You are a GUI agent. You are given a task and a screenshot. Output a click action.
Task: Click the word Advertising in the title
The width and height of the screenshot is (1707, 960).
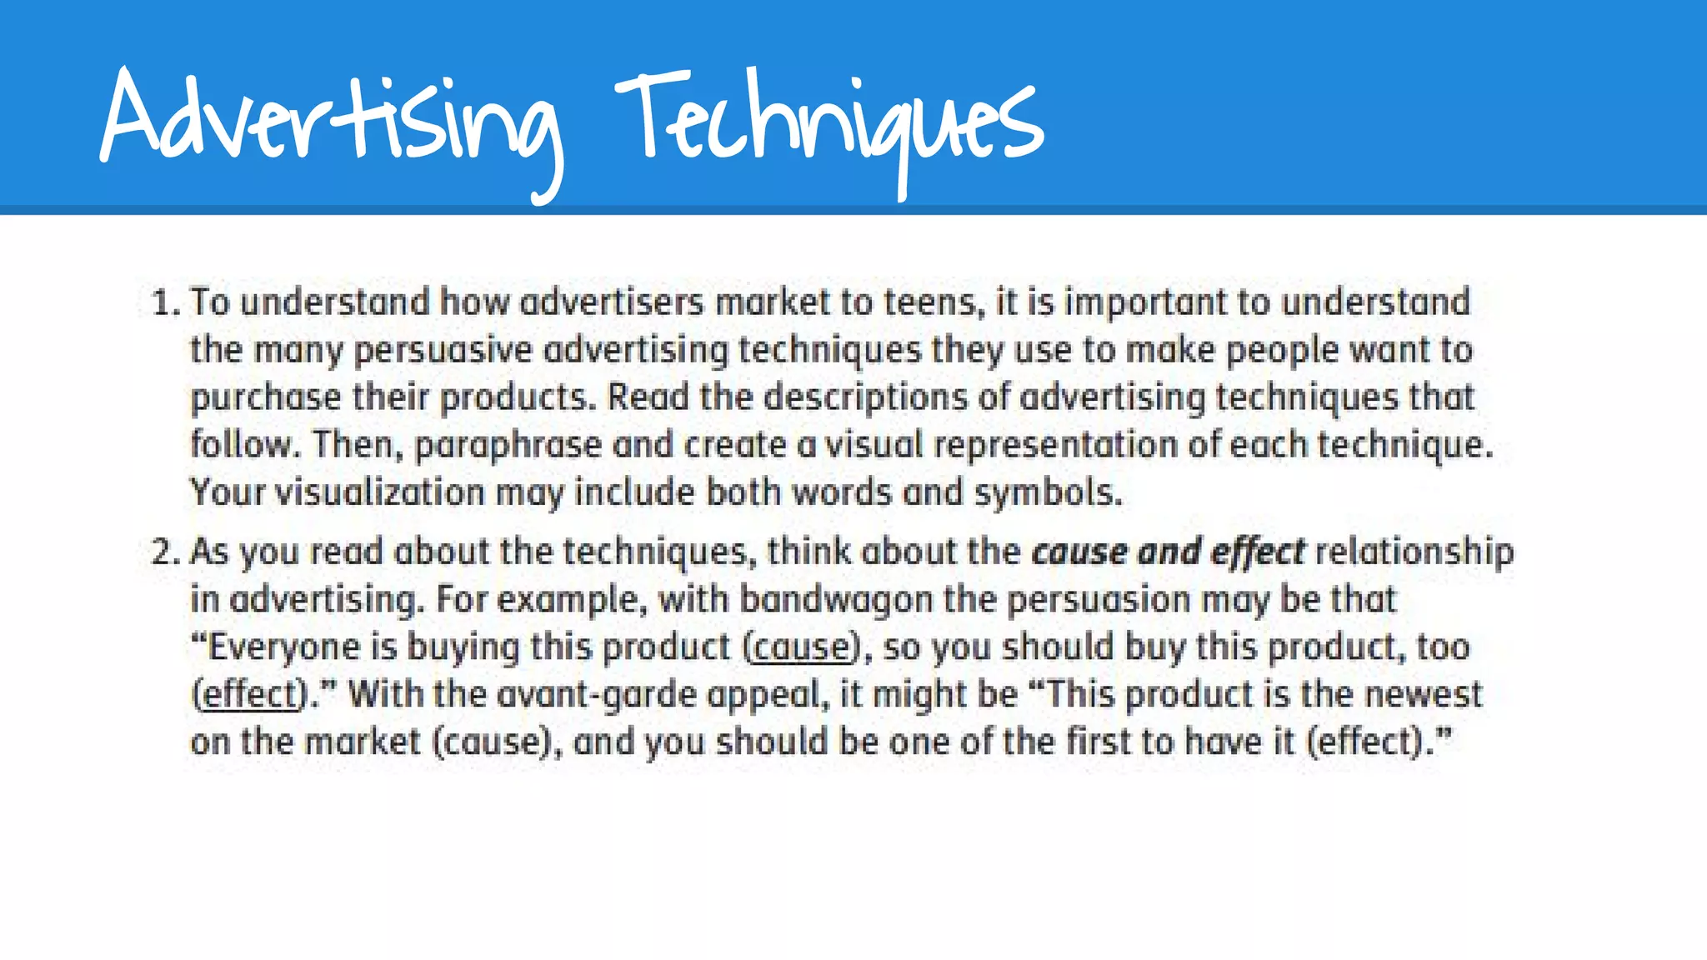click(x=329, y=121)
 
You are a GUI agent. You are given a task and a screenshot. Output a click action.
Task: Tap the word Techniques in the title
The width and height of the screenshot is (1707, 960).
click(x=829, y=121)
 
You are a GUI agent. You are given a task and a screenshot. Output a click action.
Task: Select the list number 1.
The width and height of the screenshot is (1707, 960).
click(x=164, y=302)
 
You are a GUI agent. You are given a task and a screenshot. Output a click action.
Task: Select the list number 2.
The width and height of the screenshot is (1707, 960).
click(x=164, y=552)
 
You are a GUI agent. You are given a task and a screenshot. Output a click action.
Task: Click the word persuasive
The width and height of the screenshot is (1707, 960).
click(x=443, y=351)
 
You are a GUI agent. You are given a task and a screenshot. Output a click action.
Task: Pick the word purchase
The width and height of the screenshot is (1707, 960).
click(x=265, y=398)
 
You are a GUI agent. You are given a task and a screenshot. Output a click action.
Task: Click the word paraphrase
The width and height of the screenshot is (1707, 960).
click(x=508, y=446)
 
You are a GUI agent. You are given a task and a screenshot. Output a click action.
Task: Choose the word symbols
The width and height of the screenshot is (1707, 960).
click(x=1048, y=493)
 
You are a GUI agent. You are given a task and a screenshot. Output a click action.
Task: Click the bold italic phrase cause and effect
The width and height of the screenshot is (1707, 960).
click(x=1168, y=552)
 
